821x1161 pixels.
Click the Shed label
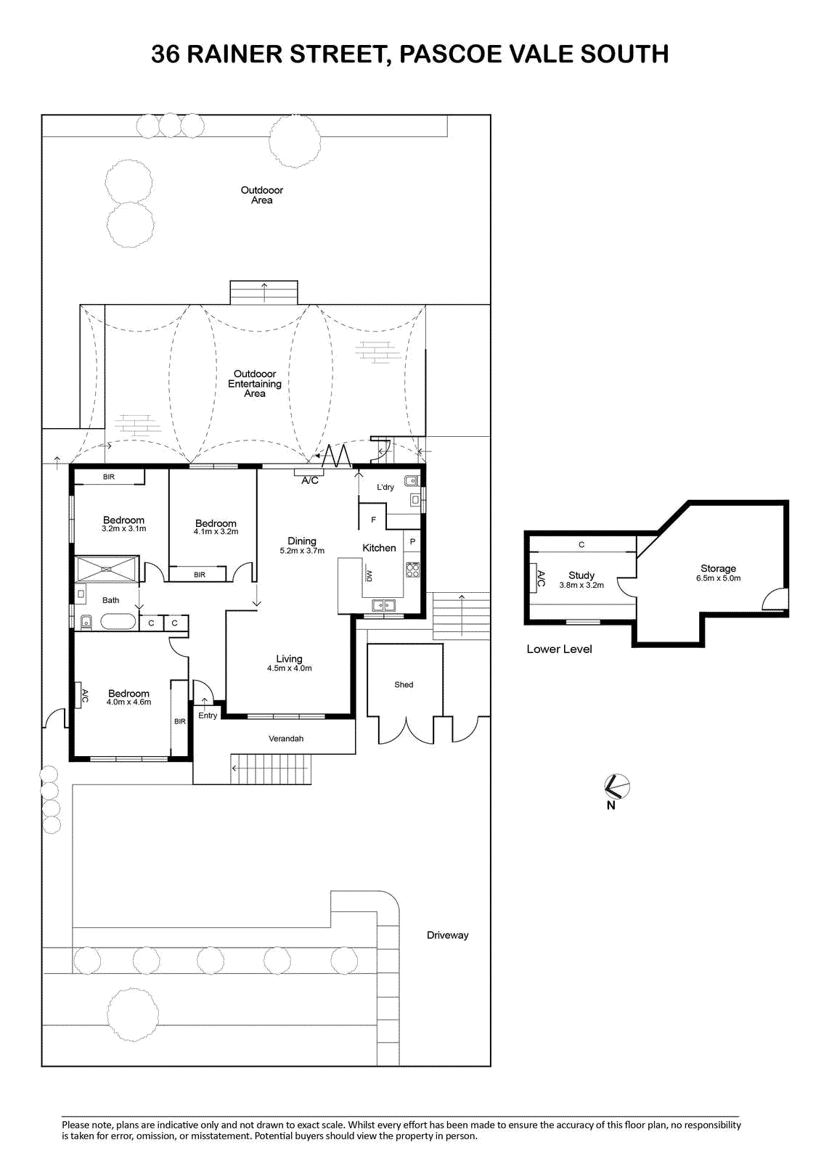[404, 685]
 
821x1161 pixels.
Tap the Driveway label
[448, 935]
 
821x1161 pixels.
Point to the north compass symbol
[617, 787]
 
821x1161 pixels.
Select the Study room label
[581, 575]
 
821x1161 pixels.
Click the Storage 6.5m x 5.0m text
[719, 573]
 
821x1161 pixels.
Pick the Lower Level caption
[559, 649]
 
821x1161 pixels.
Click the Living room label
[289, 659]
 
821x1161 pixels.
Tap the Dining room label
[302, 541]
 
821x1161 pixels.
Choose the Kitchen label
[379, 548]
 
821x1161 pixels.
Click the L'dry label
[385, 487]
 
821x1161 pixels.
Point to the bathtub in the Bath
[118, 621]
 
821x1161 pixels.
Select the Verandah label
[286, 739]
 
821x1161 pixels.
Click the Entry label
[208, 715]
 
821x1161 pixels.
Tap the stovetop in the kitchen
[413, 570]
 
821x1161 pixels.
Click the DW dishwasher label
[369, 576]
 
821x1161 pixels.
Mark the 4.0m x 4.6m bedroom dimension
[128, 702]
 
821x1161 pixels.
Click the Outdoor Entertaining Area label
[255, 384]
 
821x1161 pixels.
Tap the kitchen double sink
[383, 605]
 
